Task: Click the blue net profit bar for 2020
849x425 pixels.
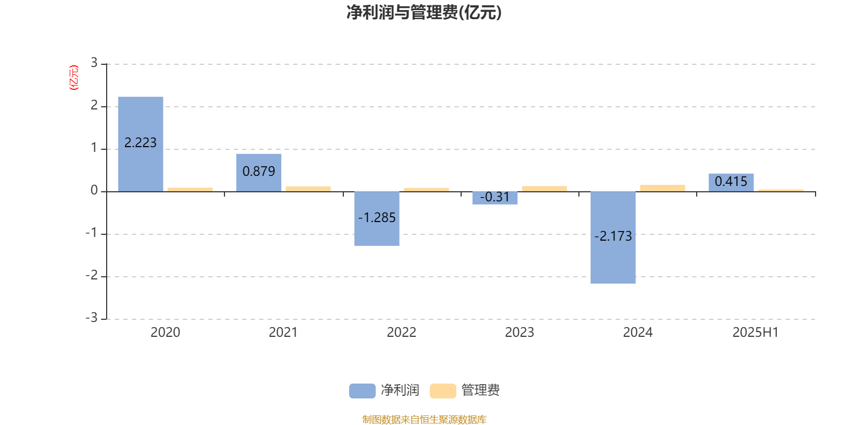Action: tap(141, 144)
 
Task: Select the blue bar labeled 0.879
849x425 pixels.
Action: tap(259, 173)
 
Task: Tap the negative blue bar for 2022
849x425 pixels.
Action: tap(377, 219)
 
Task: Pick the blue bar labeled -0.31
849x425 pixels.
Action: tap(495, 198)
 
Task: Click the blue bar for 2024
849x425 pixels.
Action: tap(613, 237)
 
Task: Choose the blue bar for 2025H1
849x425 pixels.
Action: tap(731, 183)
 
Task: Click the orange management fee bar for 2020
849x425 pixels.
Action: tap(190, 189)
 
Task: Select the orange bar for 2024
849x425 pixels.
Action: tap(663, 188)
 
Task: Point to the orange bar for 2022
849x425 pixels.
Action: tap(427, 190)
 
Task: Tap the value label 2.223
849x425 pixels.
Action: tap(140, 143)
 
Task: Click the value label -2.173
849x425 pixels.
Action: tap(613, 236)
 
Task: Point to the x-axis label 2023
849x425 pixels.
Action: tap(519, 333)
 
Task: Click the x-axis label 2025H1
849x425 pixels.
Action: tap(756, 333)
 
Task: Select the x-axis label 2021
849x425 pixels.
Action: tap(283, 333)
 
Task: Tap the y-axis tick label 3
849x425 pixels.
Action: tap(94, 63)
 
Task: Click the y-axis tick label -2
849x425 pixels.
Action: tap(92, 275)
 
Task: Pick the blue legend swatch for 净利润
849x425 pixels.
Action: tap(362, 391)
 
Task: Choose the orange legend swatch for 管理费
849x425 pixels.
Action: tap(443, 391)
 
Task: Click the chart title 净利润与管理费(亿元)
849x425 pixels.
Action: tap(424, 12)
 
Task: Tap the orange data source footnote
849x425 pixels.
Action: tap(424, 419)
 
